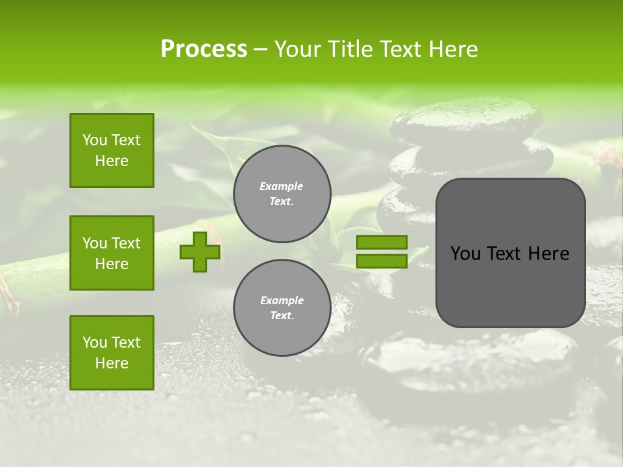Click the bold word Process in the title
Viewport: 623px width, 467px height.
click(x=204, y=49)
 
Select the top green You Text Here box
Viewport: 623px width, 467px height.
click(x=112, y=150)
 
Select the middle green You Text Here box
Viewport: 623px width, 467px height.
click(x=112, y=253)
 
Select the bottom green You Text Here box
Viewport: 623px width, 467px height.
click(x=112, y=353)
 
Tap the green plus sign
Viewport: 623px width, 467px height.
click(x=200, y=252)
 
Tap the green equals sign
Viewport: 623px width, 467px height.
click(x=382, y=252)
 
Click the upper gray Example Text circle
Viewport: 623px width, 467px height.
click(x=282, y=194)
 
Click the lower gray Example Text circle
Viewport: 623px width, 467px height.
click(x=282, y=307)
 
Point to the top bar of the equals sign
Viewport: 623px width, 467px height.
click(x=382, y=242)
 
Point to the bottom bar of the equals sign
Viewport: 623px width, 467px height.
click(x=382, y=261)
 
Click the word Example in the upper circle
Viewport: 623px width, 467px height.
click(x=282, y=186)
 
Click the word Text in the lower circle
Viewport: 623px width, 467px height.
click(x=281, y=316)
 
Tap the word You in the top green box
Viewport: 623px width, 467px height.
click(x=95, y=140)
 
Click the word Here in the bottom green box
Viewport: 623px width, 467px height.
click(x=112, y=363)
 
